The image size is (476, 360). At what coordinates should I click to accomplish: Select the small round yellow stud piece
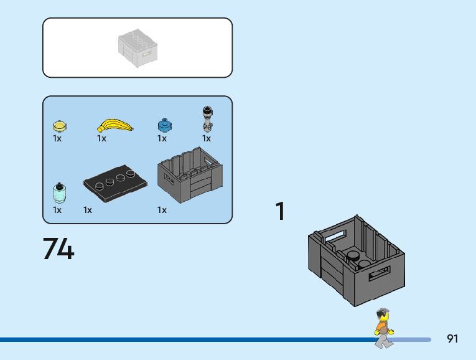59,126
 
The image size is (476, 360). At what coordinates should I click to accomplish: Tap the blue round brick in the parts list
164,125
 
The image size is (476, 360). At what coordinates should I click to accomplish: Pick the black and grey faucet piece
207,118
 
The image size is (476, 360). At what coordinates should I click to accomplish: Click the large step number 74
58,249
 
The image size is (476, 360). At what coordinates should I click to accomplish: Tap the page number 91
452,339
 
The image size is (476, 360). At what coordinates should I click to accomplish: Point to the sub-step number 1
281,212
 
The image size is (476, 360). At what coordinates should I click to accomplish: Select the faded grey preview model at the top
138,47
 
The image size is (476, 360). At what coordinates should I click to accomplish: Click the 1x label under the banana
101,139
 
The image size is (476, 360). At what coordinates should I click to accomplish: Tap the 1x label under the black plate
88,211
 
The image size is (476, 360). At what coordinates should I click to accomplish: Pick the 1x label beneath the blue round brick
162,139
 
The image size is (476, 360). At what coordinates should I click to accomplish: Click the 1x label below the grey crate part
162,211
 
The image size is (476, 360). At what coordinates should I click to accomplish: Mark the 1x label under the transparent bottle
57,211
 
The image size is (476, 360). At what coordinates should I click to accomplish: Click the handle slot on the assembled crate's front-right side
380,273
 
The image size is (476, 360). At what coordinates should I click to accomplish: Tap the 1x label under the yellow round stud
57,139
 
